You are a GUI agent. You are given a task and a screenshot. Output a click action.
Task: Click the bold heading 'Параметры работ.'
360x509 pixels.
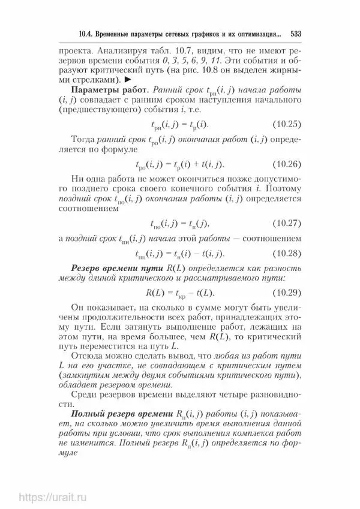tap(110, 90)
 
